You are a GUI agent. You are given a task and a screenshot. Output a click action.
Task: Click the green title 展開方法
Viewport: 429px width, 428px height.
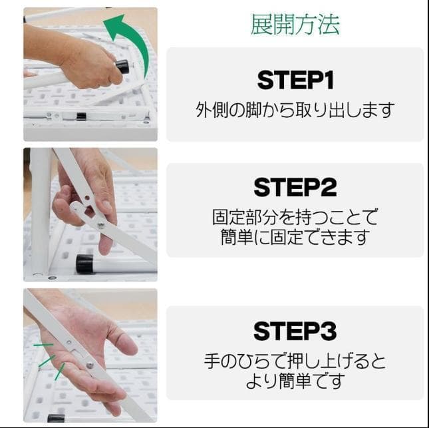click(x=295, y=24)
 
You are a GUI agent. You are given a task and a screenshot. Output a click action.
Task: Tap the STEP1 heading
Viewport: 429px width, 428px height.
click(x=295, y=81)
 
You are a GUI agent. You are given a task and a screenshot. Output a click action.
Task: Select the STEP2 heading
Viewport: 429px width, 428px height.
click(x=295, y=188)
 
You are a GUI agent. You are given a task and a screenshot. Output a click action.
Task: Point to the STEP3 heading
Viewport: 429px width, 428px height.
click(x=295, y=331)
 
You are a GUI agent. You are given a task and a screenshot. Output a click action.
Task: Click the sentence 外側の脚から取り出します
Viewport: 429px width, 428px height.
click(x=295, y=110)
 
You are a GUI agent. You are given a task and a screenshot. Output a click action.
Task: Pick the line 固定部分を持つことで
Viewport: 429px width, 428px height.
click(x=295, y=217)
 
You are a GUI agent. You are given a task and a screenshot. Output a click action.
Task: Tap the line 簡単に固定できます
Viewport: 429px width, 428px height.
click(x=295, y=236)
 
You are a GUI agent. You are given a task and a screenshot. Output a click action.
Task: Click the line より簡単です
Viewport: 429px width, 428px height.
click(x=295, y=381)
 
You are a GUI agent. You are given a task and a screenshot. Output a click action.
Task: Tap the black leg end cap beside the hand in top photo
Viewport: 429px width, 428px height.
click(x=122, y=67)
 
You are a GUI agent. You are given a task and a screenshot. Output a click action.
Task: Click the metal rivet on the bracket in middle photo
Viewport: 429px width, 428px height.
click(x=101, y=225)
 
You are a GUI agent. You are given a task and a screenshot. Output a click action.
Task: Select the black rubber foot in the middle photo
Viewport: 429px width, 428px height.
click(x=84, y=264)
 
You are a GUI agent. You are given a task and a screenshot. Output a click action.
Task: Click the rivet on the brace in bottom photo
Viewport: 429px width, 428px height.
click(x=89, y=364)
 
